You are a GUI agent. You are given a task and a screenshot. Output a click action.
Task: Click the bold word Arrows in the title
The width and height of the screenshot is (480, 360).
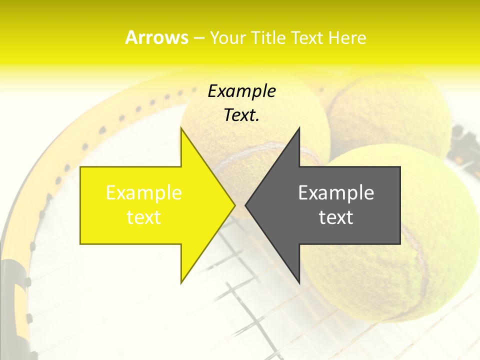(156, 37)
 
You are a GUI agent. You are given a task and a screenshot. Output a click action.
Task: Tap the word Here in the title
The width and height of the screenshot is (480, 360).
(347, 37)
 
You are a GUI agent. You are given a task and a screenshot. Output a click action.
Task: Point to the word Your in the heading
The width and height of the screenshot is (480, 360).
(227, 37)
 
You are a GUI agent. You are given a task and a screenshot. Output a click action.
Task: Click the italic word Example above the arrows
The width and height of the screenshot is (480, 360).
(241, 91)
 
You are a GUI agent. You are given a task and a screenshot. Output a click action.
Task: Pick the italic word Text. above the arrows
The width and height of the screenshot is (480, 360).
(241, 115)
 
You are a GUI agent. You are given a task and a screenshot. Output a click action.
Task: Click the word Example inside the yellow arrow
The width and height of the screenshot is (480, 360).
(144, 193)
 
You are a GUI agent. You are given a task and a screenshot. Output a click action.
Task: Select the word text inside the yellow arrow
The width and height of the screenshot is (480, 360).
(144, 217)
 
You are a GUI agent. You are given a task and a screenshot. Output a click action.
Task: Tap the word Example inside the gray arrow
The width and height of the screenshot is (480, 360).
(336, 193)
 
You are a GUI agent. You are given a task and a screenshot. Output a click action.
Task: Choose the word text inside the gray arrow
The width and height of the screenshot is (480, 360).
(336, 217)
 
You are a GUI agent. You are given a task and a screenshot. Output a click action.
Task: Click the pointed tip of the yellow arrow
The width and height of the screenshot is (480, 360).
(234, 205)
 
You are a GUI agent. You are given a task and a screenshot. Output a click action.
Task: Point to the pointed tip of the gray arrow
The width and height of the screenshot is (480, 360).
(246, 205)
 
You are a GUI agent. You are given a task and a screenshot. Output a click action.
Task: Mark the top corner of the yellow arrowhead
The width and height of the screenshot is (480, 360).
(181, 128)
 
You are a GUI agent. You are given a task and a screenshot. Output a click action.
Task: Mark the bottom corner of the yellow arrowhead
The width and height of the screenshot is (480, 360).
(181, 282)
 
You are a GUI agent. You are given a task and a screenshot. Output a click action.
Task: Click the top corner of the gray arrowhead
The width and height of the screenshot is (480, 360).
(299, 128)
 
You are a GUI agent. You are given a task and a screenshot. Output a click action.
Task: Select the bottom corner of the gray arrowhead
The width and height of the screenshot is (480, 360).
(299, 282)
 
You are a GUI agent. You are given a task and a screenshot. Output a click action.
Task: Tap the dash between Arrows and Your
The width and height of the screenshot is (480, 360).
(198, 38)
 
